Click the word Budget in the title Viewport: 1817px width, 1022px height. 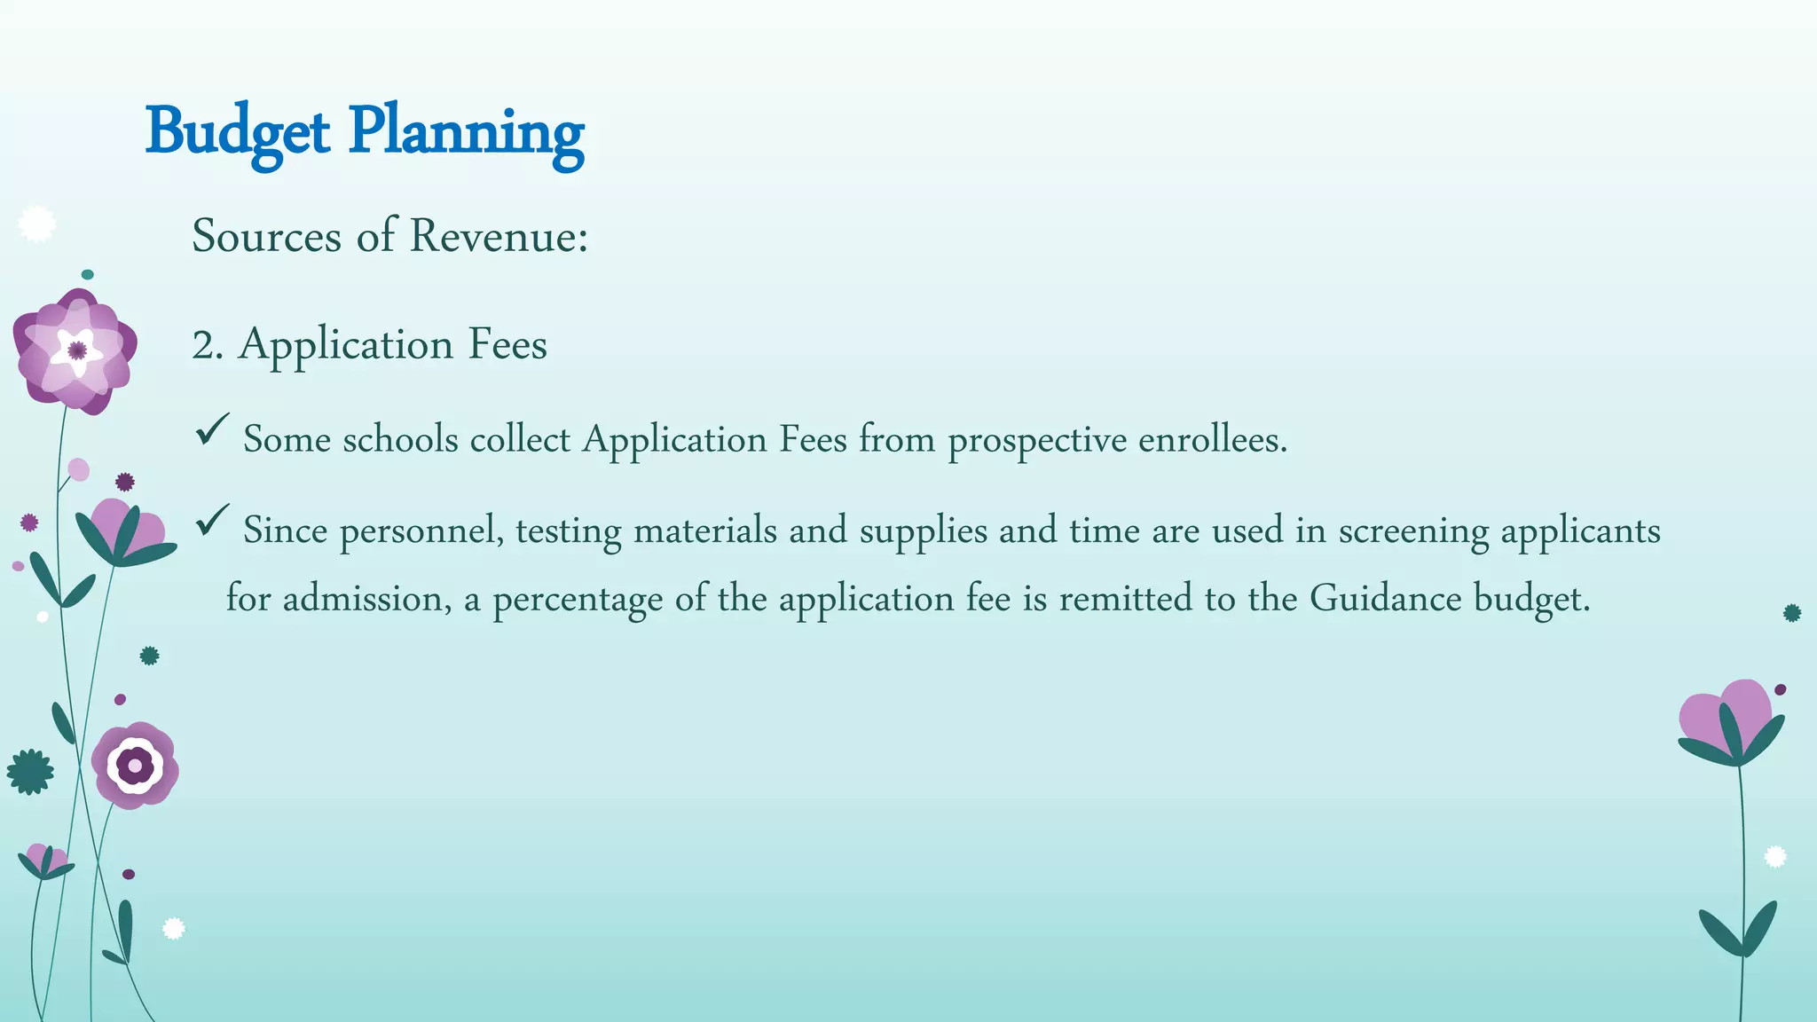[x=237, y=133]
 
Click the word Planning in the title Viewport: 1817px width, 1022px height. [x=466, y=133]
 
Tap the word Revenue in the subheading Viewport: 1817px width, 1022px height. [x=498, y=236]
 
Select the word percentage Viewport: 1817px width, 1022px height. [x=578, y=600]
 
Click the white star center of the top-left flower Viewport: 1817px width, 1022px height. [x=77, y=350]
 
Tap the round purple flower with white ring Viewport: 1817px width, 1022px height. [x=135, y=765]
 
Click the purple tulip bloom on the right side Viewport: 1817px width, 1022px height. [x=1726, y=719]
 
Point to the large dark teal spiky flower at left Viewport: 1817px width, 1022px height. [x=30, y=772]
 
